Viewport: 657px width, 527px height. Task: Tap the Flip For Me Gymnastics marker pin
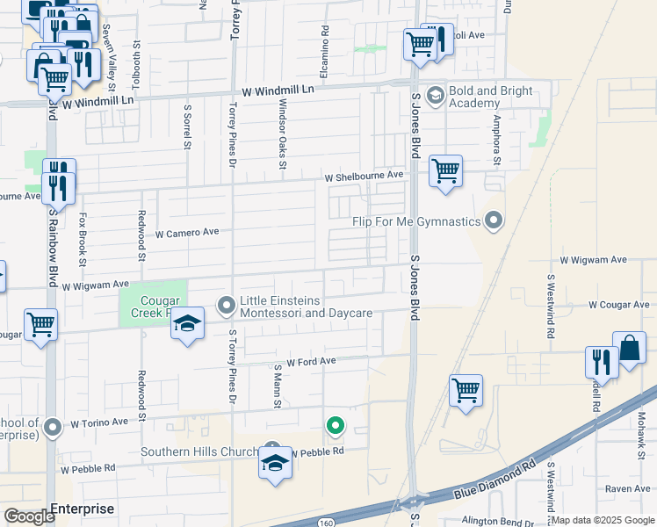click(x=494, y=220)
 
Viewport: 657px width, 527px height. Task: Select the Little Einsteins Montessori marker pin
click(x=227, y=306)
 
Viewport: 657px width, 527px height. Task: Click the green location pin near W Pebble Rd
click(x=335, y=427)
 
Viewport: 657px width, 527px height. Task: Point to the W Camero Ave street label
click(x=187, y=234)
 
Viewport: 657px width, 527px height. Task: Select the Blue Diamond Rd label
click(x=494, y=480)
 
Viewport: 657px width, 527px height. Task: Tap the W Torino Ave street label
click(x=99, y=422)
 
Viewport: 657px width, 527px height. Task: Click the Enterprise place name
click(x=82, y=509)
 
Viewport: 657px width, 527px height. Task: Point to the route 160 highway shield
click(x=325, y=518)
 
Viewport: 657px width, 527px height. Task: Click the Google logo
click(x=30, y=516)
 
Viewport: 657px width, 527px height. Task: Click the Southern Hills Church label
click(x=201, y=452)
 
